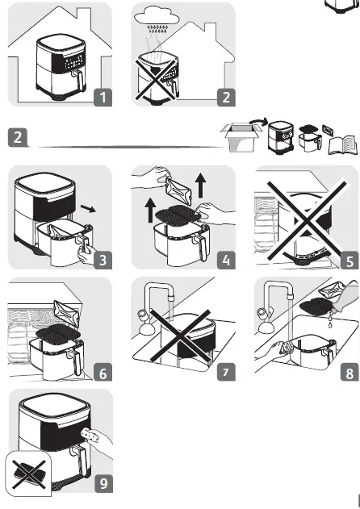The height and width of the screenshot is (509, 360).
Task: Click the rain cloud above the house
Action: (x=157, y=17)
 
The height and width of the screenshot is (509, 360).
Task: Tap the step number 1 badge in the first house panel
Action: (x=103, y=97)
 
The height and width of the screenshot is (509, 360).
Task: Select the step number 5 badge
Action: (x=350, y=260)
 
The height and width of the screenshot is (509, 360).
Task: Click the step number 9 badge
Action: (x=103, y=484)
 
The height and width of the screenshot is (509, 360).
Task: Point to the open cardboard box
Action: (x=241, y=137)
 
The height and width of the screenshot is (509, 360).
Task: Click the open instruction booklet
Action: (x=343, y=145)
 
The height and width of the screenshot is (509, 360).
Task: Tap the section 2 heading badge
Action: (x=17, y=137)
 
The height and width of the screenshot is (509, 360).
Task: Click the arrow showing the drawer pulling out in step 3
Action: (x=88, y=208)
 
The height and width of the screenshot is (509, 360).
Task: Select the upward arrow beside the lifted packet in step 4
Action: (x=201, y=185)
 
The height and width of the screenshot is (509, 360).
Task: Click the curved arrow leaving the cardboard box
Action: (x=259, y=123)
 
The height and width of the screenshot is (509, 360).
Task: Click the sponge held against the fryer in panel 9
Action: (x=87, y=434)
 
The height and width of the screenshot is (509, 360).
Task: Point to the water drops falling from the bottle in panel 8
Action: (x=330, y=319)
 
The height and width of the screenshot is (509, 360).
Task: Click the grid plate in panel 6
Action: (x=57, y=332)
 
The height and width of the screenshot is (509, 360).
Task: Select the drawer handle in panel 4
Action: (x=201, y=247)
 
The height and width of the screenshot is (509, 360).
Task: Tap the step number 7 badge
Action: (x=226, y=372)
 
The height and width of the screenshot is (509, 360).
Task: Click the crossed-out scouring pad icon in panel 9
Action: (x=28, y=473)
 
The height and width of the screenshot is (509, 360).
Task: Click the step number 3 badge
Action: (x=103, y=260)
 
